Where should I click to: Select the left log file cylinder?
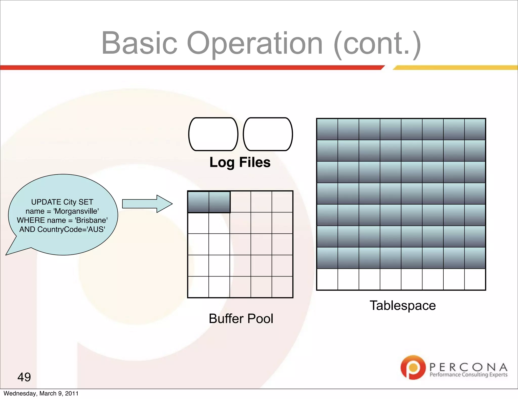[213, 134]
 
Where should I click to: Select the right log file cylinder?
[268, 134]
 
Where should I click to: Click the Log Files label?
[240, 162]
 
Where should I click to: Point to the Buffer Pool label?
[241, 318]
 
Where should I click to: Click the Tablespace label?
[403, 305]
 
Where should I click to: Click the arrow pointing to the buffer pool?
[147, 204]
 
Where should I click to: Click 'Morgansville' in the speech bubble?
[76, 211]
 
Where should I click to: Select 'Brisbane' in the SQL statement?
[91, 220]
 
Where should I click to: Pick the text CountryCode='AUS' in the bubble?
[71, 229]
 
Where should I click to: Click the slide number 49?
[24, 377]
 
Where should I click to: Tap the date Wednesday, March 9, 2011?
[41, 393]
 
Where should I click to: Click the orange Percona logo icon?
[413, 367]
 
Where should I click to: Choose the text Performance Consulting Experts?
[468, 375]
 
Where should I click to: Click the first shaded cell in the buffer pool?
[198, 202]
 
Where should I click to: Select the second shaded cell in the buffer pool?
[219, 202]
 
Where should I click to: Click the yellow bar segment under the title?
[455, 68]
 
